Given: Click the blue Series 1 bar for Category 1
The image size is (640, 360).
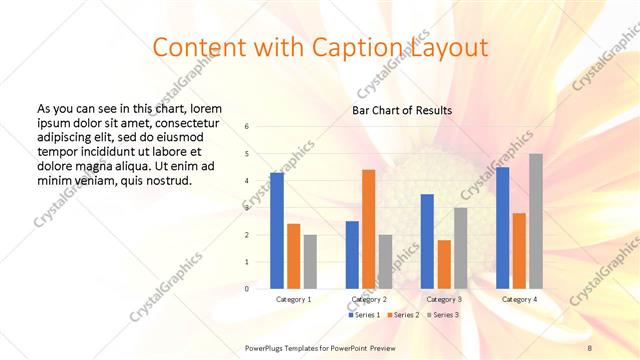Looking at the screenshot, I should pos(277,231).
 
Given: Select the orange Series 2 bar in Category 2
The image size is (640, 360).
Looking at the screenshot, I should pos(368,229).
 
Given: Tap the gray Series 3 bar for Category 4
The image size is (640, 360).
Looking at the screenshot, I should pos(536,221).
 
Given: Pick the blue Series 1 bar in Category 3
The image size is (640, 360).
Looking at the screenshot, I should pos(427,241).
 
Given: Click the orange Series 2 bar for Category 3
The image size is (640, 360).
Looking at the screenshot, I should pos(444,264).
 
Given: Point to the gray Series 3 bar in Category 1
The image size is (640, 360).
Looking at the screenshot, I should pos(310,262).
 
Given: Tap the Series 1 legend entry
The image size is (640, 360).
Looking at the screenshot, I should pos(363,315).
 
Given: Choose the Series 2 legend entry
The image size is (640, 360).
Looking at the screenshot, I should pos(403,315).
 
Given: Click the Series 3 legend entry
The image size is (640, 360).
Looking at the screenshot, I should pos(442,315).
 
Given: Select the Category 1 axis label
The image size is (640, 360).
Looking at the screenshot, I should pos(293,299).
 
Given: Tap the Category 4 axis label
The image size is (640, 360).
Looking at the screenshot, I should pos(519,299).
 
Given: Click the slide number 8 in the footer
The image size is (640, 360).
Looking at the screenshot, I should pos(589,346).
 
